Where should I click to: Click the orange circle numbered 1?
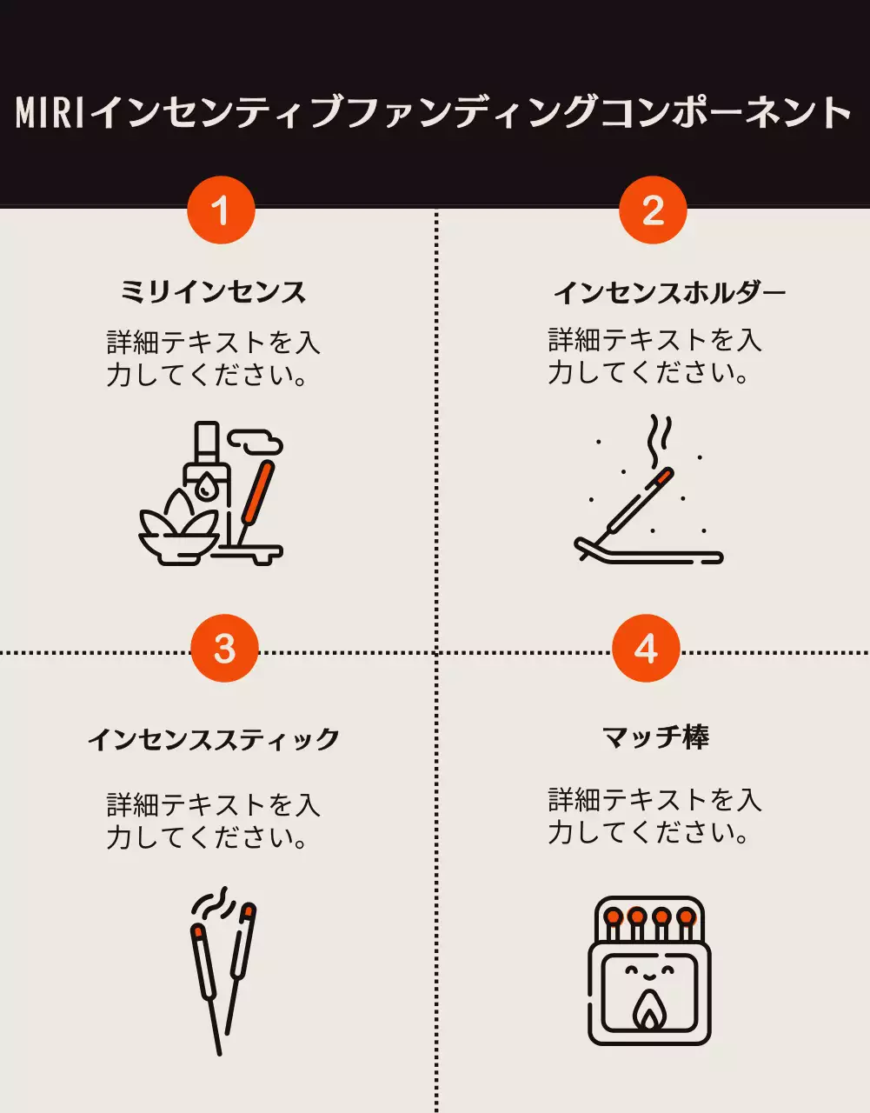pyautogui.click(x=221, y=210)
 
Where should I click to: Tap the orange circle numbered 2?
pyautogui.click(x=653, y=210)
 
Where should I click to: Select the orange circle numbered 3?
pyautogui.click(x=224, y=649)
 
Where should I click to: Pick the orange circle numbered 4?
pyautogui.click(x=646, y=649)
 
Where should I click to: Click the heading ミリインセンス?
pyautogui.click(x=213, y=291)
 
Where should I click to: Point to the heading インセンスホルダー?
pyautogui.click(x=669, y=291)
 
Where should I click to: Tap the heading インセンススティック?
pyautogui.click(x=213, y=739)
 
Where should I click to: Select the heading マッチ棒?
pyautogui.click(x=656, y=737)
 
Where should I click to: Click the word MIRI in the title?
pyautogui.click(x=50, y=113)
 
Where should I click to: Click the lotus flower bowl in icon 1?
pyautogui.click(x=178, y=530)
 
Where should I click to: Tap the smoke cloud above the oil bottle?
pyautogui.click(x=259, y=444)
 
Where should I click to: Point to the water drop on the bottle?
pyautogui.click(x=205, y=488)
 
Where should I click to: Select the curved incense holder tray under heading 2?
pyautogui.click(x=648, y=553)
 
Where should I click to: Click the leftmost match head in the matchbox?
pyautogui.click(x=614, y=916)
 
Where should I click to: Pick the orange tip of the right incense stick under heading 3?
pyautogui.click(x=248, y=911)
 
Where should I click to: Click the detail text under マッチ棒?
pyautogui.click(x=654, y=816)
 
